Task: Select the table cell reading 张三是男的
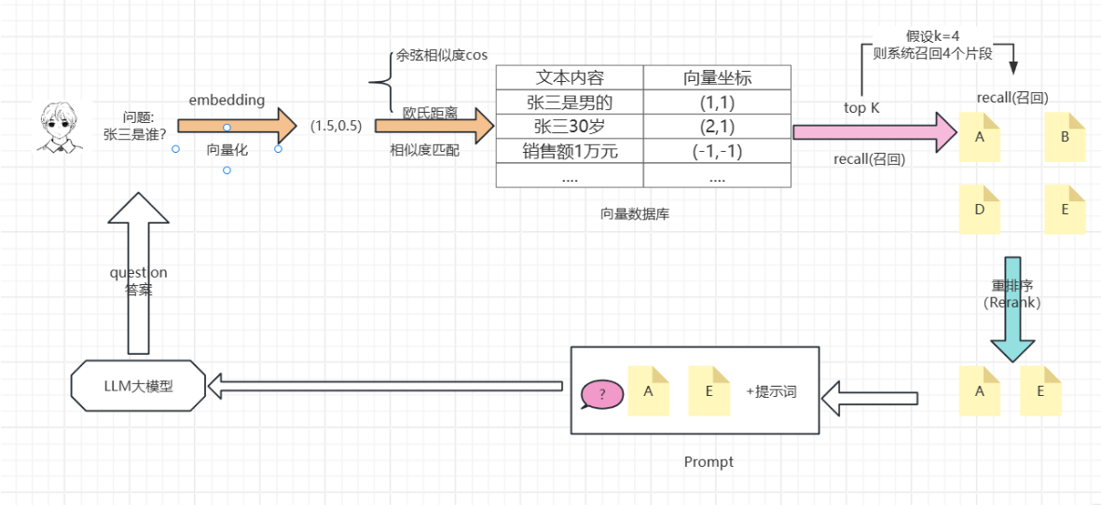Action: (x=570, y=103)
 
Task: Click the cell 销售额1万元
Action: (x=570, y=151)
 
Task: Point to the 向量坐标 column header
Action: (x=717, y=78)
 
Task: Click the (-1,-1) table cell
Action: (x=717, y=151)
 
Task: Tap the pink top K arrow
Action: (x=875, y=132)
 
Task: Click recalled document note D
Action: (x=980, y=209)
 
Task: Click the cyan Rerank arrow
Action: (x=1012, y=309)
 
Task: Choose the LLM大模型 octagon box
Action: (x=138, y=387)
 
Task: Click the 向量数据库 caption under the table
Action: (x=634, y=214)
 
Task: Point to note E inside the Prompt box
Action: (x=709, y=390)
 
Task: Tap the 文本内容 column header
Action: (x=570, y=78)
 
